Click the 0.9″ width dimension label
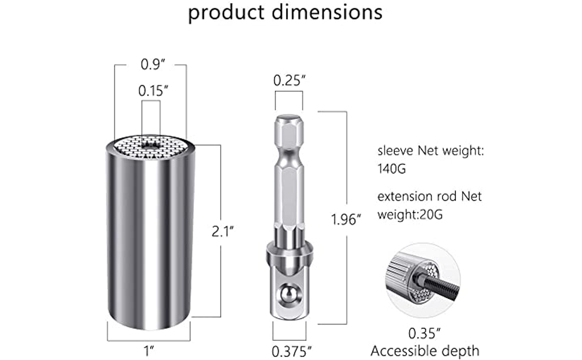152,64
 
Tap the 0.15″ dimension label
153,91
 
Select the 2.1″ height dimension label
223,231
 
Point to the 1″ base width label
149,351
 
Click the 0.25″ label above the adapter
289,80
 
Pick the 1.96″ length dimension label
346,220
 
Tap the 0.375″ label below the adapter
292,351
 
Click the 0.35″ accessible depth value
424,333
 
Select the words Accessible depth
425,351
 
